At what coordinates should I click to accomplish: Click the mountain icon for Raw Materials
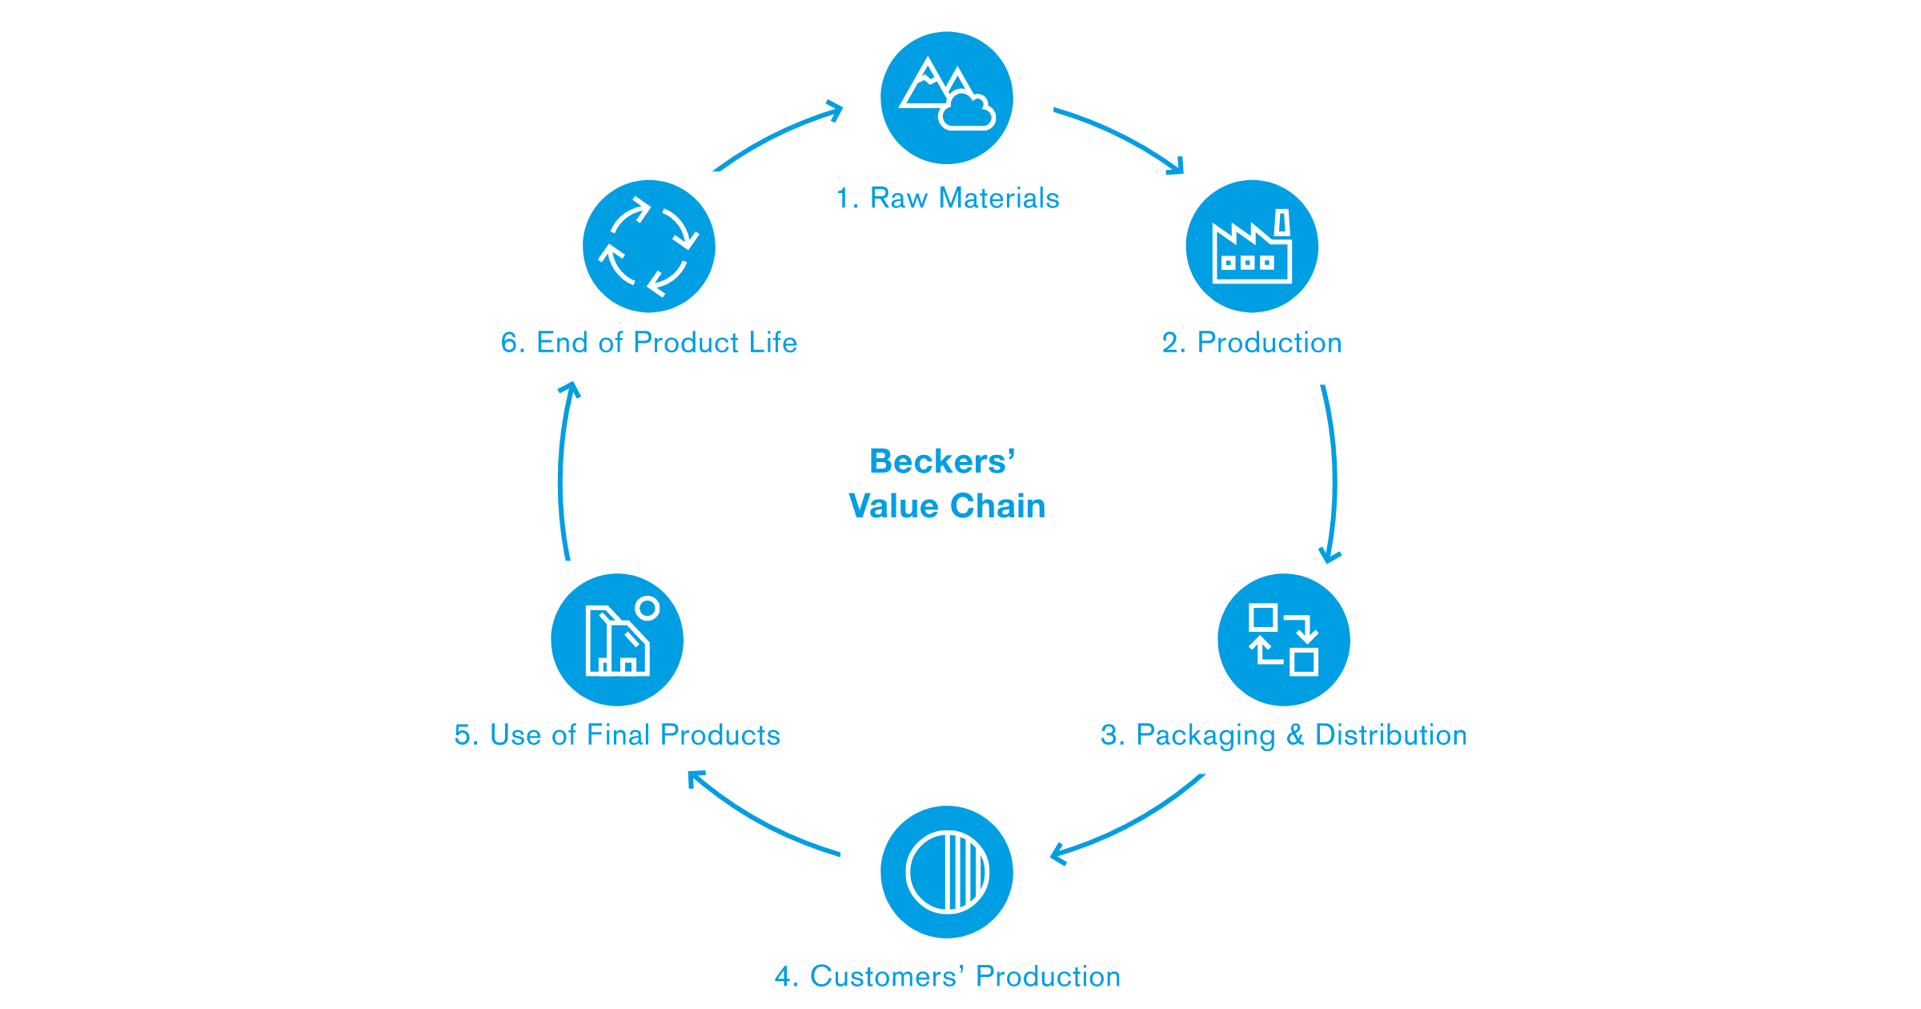947,98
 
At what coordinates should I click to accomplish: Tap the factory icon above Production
1252,246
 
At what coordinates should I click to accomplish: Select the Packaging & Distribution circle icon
1284,640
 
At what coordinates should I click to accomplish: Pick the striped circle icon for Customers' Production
947,872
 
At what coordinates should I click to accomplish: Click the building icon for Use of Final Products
617,640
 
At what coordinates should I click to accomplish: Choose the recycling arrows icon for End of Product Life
649,246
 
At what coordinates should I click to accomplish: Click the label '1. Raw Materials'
948,198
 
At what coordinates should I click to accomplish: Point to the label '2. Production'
1252,343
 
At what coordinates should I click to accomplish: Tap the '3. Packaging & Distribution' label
1284,735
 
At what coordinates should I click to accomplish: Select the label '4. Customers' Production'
948,976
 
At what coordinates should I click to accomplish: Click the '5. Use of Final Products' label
617,735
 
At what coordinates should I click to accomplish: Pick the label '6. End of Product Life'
649,343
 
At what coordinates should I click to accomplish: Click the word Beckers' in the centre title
942,461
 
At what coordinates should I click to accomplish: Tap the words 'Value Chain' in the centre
947,506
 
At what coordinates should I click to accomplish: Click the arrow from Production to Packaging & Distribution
1333,472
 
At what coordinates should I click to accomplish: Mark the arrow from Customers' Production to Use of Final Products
760,821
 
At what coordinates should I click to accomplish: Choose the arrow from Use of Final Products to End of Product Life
561,472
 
